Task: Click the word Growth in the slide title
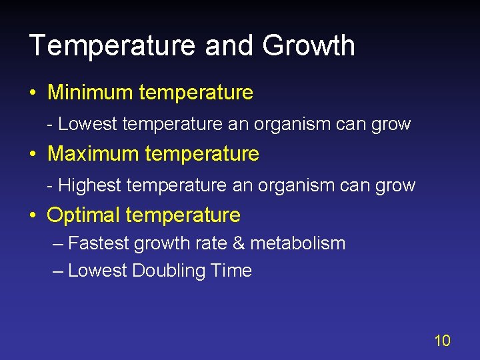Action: point(309,46)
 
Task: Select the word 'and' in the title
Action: point(230,46)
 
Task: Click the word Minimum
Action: point(90,92)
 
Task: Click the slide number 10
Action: point(442,341)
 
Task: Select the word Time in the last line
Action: point(231,271)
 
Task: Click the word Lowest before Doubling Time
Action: point(97,271)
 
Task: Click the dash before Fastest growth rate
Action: point(57,244)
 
